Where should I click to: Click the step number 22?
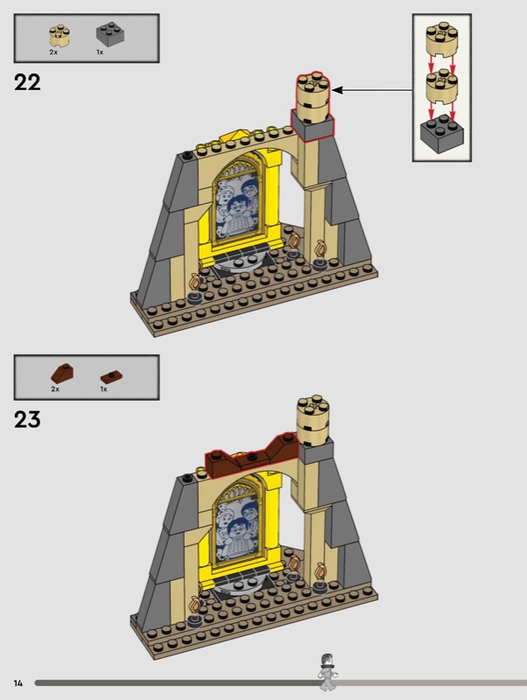click(27, 82)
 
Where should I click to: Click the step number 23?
click(27, 420)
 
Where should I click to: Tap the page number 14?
click(18, 683)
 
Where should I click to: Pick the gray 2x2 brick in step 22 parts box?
click(110, 34)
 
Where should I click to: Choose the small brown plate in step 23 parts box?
click(111, 377)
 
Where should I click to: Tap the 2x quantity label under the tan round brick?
click(53, 52)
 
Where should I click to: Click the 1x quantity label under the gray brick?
click(100, 52)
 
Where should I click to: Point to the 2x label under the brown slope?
click(55, 388)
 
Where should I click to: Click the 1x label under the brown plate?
click(103, 388)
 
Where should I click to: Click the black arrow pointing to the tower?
click(372, 90)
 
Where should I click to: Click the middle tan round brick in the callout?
click(442, 87)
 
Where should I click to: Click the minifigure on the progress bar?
click(327, 672)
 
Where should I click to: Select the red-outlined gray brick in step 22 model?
click(313, 125)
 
